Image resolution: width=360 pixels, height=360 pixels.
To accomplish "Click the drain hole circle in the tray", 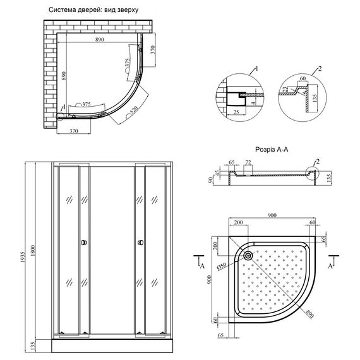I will pos(248,256).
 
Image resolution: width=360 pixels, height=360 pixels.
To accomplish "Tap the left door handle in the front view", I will pos(82,243).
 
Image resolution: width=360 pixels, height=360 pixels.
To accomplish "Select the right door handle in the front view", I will pos(138,243).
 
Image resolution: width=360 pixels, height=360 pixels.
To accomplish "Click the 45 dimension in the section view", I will pos(219,175).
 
